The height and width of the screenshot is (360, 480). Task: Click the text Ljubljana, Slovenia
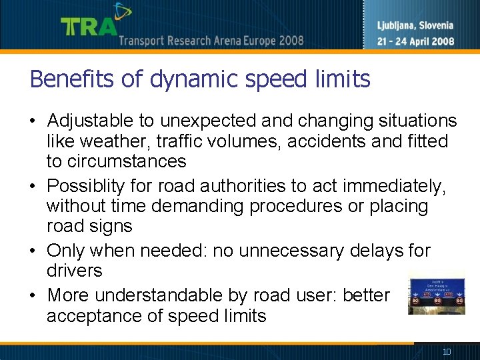coord(415,26)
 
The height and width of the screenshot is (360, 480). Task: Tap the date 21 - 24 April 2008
coord(415,41)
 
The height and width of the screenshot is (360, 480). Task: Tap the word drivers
coord(75,271)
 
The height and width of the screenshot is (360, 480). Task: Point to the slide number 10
coord(446,351)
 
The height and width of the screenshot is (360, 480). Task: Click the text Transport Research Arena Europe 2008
coord(211,41)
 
